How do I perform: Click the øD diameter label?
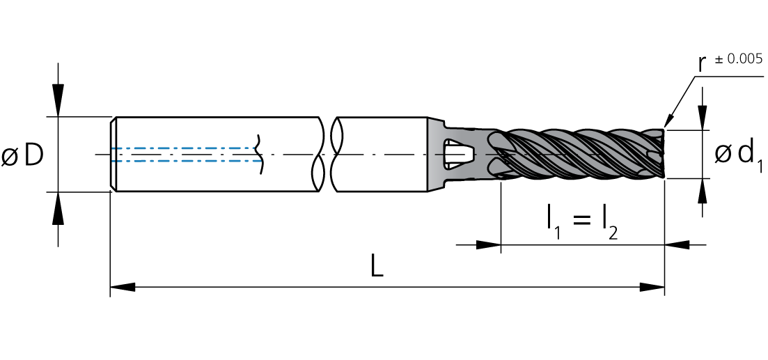tap(24, 155)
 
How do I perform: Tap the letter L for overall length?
tap(377, 266)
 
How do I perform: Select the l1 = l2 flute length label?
tap(582, 222)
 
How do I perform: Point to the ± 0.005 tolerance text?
tap(739, 59)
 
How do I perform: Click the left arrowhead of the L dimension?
tap(123, 286)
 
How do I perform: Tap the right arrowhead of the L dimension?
tap(652, 286)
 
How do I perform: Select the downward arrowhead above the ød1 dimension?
tap(703, 117)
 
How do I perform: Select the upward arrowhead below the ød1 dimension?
tap(703, 191)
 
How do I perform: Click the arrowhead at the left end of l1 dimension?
tap(488, 245)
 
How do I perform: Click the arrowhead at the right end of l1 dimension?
tap(677, 245)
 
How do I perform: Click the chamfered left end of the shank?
tap(113, 154)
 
